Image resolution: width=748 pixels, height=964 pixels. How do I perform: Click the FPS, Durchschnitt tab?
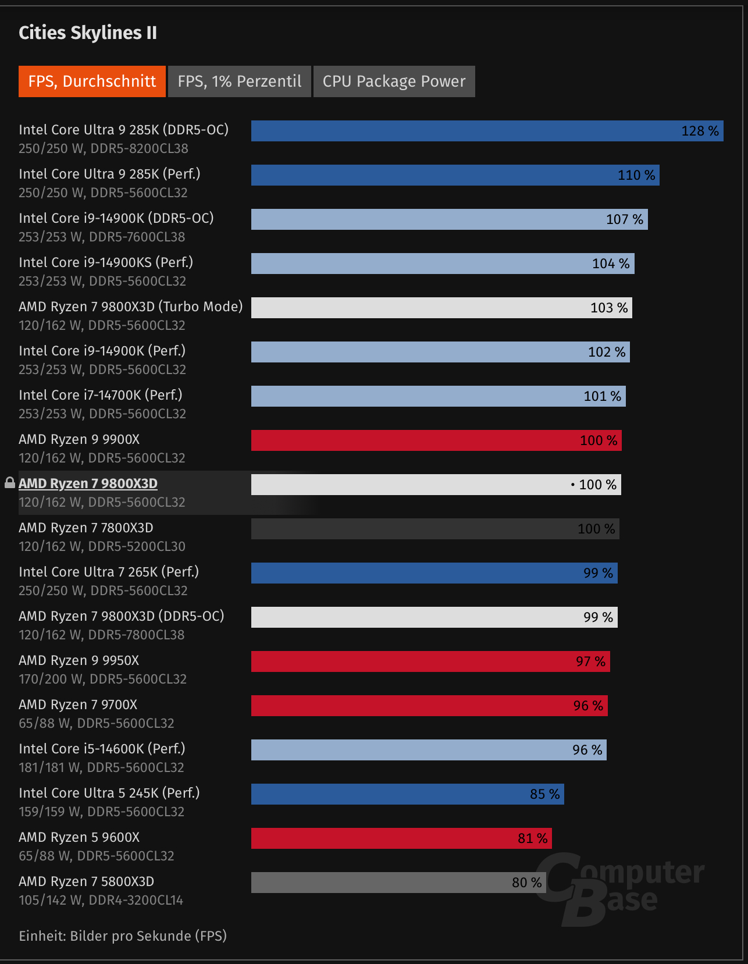(92, 81)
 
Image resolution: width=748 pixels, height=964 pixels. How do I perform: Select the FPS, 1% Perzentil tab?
(240, 81)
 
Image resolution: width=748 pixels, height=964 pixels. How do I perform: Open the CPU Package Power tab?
(394, 81)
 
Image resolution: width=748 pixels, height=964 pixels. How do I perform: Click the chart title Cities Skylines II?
(88, 33)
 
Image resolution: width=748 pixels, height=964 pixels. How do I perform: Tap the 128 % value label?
(700, 131)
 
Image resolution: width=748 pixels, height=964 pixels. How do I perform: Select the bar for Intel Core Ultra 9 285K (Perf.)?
(455, 175)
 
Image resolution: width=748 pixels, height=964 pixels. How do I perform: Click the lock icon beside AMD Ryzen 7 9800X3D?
(10, 483)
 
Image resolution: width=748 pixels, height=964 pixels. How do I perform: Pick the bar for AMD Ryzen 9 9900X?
(436, 440)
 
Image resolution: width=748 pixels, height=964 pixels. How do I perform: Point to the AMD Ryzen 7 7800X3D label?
(86, 528)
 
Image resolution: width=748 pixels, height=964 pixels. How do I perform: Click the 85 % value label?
(544, 794)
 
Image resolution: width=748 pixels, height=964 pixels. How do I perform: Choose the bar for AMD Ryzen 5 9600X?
(401, 838)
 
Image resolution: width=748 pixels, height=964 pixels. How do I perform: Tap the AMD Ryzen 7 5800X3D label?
(86, 881)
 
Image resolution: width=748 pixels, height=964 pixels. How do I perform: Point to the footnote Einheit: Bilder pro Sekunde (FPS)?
(123, 936)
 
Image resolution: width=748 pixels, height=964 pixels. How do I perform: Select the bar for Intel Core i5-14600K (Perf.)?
(429, 750)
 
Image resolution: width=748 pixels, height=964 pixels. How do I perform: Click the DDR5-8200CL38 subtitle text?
(139, 149)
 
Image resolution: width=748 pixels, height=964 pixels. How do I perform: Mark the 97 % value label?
(590, 661)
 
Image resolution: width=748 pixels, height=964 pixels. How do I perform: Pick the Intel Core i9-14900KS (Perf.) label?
(106, 262)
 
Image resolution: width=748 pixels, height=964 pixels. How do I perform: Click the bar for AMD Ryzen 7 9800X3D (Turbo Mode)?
(441, 308)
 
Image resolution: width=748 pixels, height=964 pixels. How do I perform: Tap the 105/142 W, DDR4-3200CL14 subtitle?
(101, 901)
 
